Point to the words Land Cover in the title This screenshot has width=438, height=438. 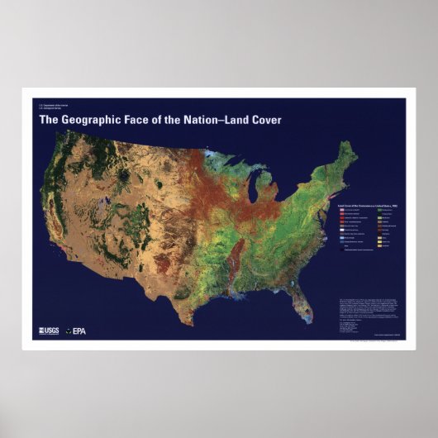[x=259, y=120]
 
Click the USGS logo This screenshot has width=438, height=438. [x=48, y=331]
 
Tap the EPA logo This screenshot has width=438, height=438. [x=76, y=331]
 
